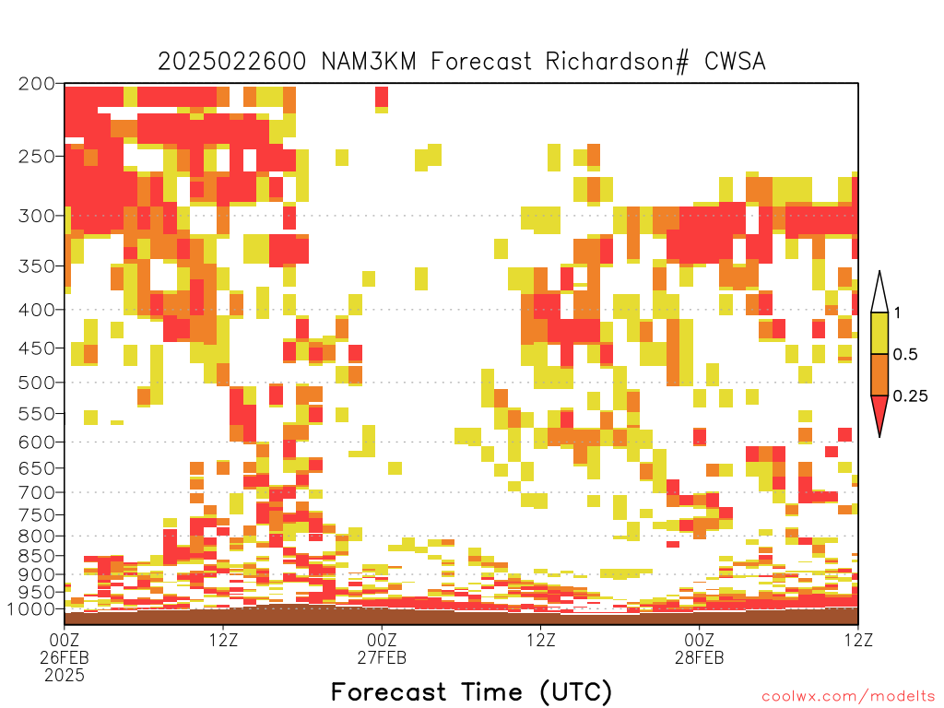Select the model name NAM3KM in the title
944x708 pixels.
tap(369, 62)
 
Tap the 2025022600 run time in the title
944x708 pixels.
tap(231, 62)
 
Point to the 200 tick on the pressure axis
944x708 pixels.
tap(37, 84)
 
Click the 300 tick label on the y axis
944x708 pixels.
tap(37, 216)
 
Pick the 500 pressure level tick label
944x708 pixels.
tap(37, 383)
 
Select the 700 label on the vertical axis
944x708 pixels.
tap(37, 492)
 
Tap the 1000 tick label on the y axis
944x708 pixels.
tap(31, 608)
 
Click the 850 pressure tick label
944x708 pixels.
tap(37, 556)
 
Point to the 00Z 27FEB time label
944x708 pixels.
tap(382, 648)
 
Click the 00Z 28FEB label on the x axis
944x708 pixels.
tap(699, 648)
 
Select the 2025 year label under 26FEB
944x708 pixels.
tap(65, 676)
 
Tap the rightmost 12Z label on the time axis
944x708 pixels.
tap(857, 640)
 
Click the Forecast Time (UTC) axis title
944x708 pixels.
tap(471, 691)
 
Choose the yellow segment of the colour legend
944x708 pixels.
tap(879, 333)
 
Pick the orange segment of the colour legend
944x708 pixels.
tap(879, 374)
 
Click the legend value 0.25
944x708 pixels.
tap(910, 395)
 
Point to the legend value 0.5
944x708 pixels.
tap(905, 354)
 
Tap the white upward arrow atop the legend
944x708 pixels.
tap(879, 292)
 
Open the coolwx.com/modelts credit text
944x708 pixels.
tap(848, 697)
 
